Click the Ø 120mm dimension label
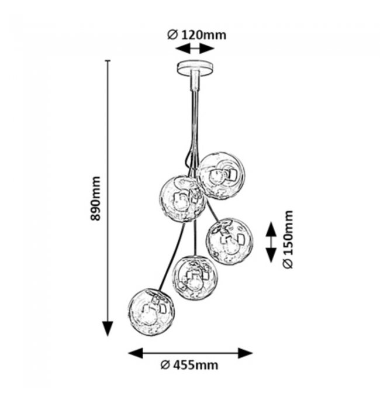196,35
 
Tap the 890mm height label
96,199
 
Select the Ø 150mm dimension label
287,240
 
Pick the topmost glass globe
221,175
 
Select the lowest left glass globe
151,312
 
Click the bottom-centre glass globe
195,277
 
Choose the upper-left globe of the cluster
184,199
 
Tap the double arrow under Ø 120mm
191,49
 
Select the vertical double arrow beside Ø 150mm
271,240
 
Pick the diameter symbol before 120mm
172,35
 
